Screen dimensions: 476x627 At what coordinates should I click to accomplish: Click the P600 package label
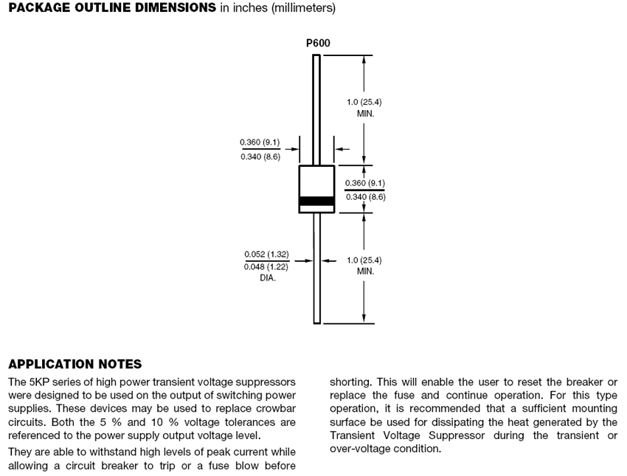(x=318, y=43)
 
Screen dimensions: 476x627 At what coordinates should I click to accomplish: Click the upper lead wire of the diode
(x=316, y=111)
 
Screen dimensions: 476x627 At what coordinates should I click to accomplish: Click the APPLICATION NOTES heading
(x=75, y=365)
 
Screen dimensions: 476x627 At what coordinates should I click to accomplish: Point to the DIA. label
(x=267, y=278)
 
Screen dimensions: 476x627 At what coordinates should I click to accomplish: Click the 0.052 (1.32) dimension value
(x=266, y=255)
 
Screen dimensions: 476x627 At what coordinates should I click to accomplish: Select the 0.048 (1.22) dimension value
(x=266, y=266)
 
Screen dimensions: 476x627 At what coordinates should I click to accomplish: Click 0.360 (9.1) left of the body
(x=260, y=142)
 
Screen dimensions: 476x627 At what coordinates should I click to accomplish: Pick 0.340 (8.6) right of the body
(x=365, y=197)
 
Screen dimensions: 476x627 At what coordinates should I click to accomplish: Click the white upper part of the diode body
(x=316, y=181)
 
